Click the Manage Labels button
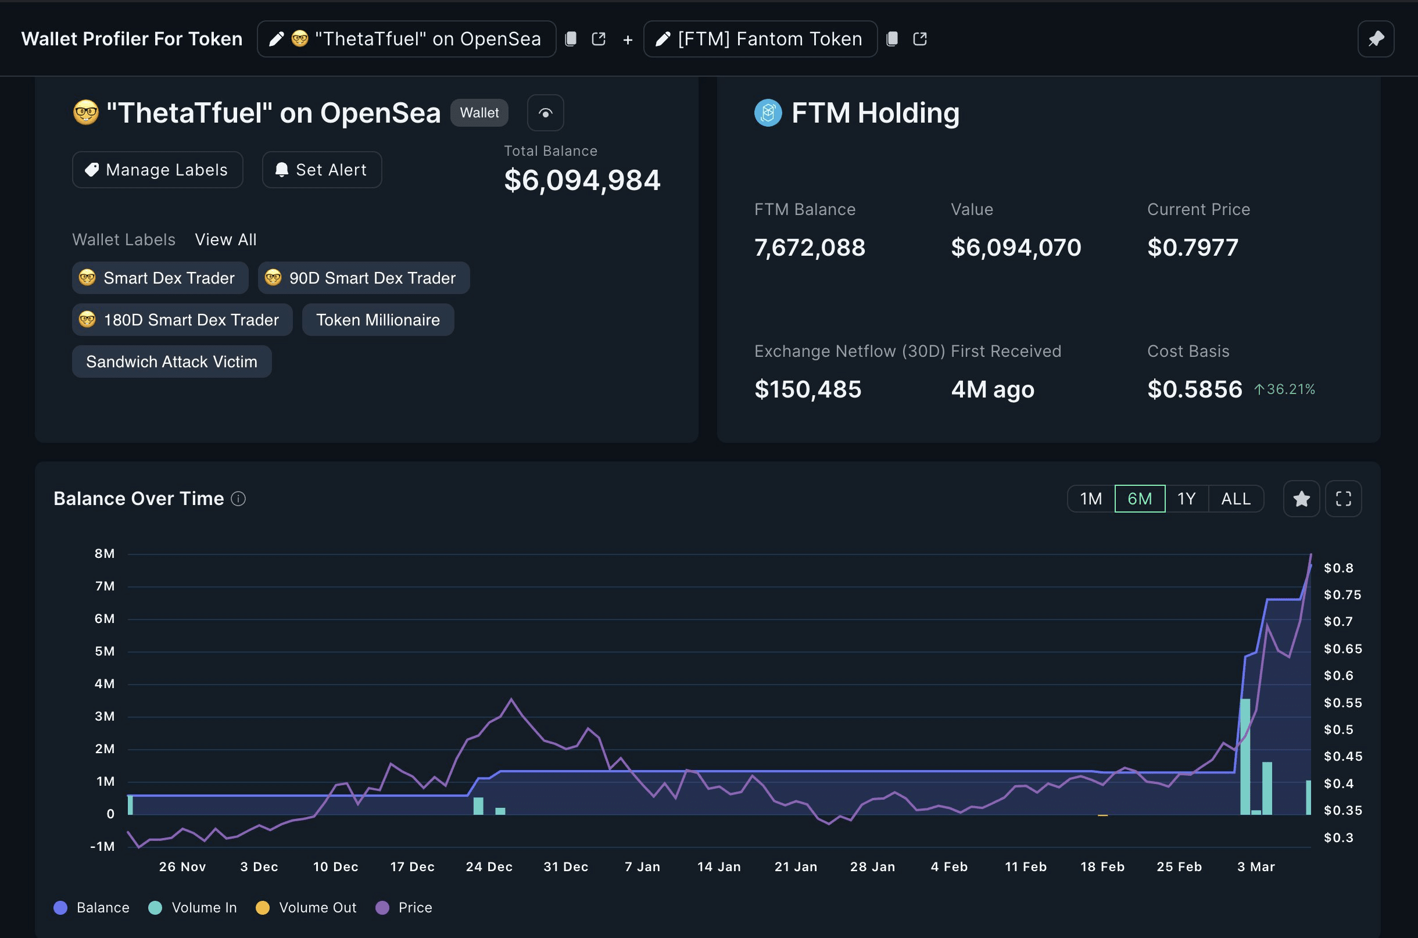pyautogui.click(x=157, y=170)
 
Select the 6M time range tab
pyautogui.click(x=1139, y=498)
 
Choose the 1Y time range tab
pyautogui.click(x=1186, y=498)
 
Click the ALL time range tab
pyautogui.click(x=1236, y=498)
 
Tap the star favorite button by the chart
pyautogui.click(x=1301, y=498)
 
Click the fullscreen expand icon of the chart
pyautogui.click(x=1343, y=498)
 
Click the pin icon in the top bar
pyautogui.click(x=1376, y=39)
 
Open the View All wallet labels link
pyautogui.click(x=225, y=239)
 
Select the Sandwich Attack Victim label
pyautogui.click(x=171, y=361)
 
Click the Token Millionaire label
pyautogui.click(x=378, y=320)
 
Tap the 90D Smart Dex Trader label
pyautogui.click(x=364, y=278)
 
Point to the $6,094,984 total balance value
pyautogui.click(x=582, y=180)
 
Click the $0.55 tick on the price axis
pyautogui.click(x=1342, y=702)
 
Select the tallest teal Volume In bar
pyautogui.click(x=1245, y=757)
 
